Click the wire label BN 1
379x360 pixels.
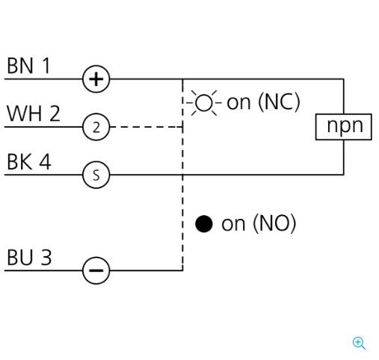point(28,66)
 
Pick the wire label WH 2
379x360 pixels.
point(34,114)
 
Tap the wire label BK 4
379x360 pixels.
point(29,162)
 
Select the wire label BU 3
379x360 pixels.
point(29,257)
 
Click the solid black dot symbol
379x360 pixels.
point(204,224)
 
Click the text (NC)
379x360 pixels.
point(280,102)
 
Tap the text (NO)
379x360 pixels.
point(274,223)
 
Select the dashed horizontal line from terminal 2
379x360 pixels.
point(147,127)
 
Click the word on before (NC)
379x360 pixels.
point(238,103)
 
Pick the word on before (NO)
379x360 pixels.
point(233,224)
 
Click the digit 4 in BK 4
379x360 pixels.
point(45,162)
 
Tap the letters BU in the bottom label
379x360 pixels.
point(20,257)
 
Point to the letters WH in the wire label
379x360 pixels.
point(24,114)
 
